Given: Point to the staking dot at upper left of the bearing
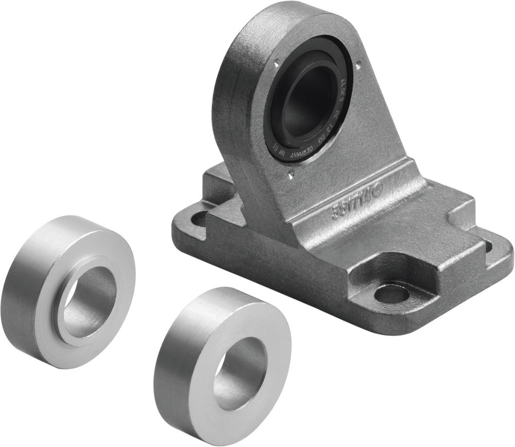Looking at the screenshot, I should pos(276,65).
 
